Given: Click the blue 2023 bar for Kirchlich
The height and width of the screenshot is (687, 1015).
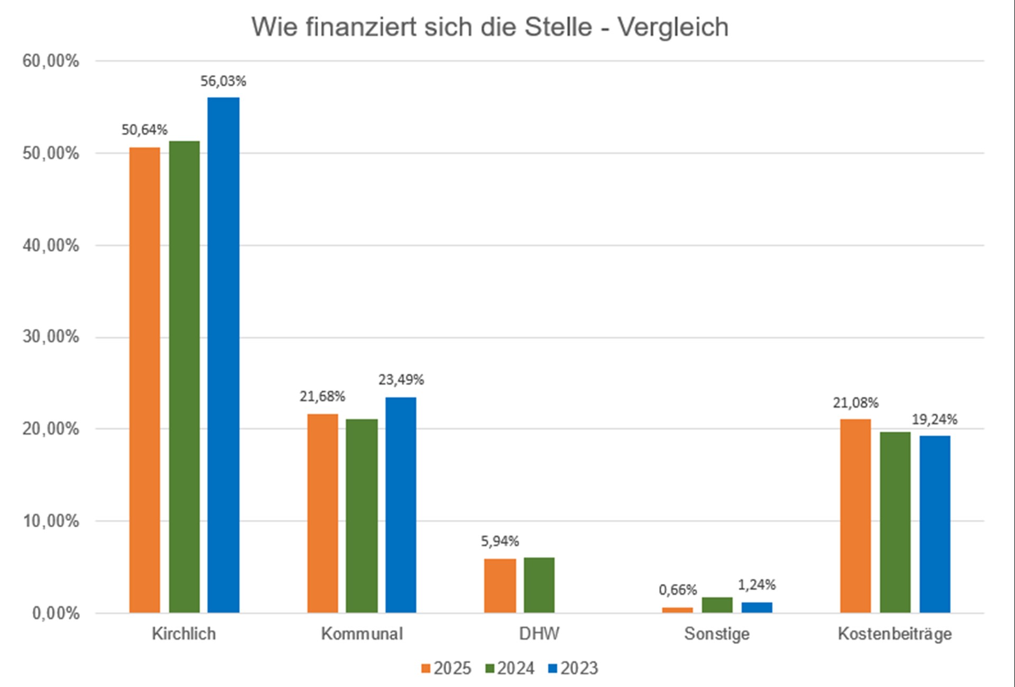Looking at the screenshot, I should [223, 354].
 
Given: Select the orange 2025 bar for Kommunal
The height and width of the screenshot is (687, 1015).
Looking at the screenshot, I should [322, 513].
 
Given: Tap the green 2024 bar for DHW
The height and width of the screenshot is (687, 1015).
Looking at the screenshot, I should [539, 585].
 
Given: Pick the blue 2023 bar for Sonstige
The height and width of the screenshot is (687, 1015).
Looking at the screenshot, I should [756, 607].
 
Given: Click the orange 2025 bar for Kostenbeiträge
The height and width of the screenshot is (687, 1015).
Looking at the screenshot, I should [855, 516].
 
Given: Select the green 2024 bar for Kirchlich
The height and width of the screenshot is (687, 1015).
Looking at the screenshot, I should [184, 377].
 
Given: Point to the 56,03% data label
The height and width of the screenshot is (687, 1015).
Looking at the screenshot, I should [223, 81].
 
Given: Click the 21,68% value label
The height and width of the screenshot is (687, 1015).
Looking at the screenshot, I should [322, 396].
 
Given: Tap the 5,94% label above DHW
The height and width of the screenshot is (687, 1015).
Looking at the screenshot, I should [500, 541].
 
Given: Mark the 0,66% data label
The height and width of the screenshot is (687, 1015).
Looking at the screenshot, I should [678, 590].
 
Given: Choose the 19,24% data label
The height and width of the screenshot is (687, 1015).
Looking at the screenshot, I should [934, 419].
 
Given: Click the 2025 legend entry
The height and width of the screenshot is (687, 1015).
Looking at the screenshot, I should [446, 668].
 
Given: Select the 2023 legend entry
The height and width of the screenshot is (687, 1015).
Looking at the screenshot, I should [573, 668].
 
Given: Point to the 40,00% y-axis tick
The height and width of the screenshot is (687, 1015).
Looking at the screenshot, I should [51, 245].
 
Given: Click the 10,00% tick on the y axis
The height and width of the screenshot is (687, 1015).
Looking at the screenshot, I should [51, 521].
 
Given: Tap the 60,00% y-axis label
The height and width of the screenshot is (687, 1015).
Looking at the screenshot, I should [51, 61].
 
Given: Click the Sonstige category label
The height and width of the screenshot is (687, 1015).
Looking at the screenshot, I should [717, 634].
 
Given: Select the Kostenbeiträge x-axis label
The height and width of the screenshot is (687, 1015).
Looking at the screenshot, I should [894, 634].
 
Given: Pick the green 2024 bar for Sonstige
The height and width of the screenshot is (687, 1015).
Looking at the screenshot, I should [717, 605].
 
